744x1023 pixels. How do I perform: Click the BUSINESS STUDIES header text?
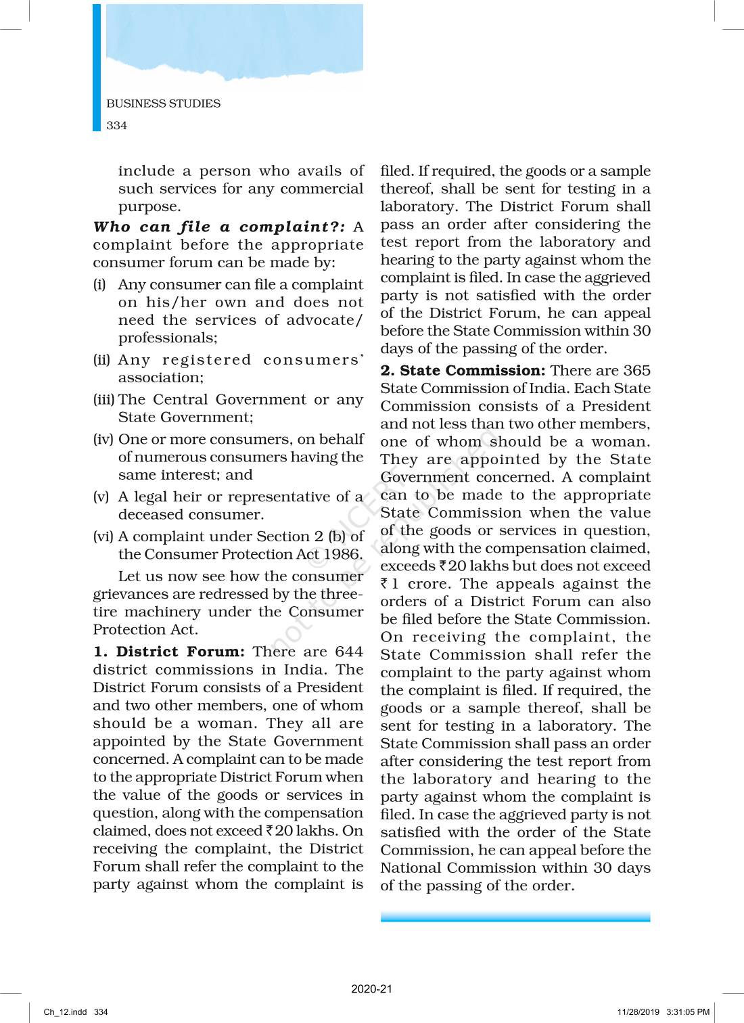[x=163, y=104]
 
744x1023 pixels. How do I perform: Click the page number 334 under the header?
[x=116, y=125]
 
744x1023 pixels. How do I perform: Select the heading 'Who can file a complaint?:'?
[x=219, y=227]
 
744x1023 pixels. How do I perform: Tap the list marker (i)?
[x=99, y=285]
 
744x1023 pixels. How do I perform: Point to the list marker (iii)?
[x=103, y=400]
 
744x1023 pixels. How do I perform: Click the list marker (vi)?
[x=103, y=537]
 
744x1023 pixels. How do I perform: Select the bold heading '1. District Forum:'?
[x=169, y=652]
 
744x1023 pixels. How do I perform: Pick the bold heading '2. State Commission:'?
[x=463, y=371]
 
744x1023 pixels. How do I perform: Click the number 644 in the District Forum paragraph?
[x=349, y=652]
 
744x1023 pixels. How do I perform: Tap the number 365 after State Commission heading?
[x=636, y=371]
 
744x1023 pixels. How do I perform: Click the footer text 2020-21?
[x=371, y=988]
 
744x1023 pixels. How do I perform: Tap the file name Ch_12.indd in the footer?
[x=65, y=1012]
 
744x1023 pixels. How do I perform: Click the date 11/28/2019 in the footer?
[x=638, y=1012]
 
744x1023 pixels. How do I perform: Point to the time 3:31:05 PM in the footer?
[x=688, y=1012]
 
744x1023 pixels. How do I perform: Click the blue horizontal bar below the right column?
[x=515, y=917]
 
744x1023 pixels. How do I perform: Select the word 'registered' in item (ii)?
[x=206, y=360]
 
